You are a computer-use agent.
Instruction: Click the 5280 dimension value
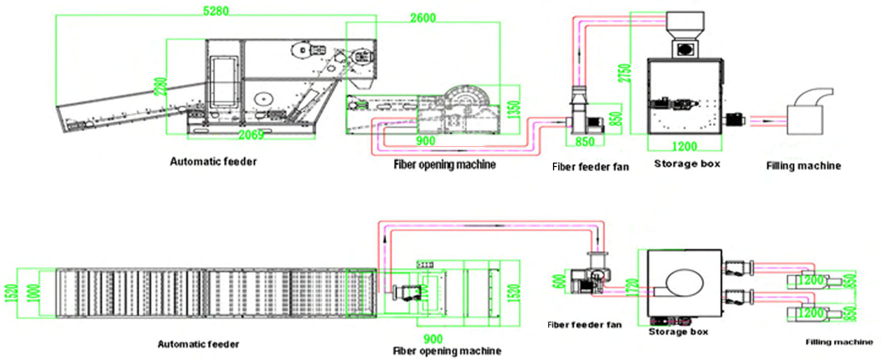tap(215, 10)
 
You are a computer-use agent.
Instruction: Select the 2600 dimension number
tap(423, 18)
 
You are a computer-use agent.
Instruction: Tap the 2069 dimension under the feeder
tap(250, 135)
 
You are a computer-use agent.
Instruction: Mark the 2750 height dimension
tap(624, 73)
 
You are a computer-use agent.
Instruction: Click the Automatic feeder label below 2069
tap(213, 161)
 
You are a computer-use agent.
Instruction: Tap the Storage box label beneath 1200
tap(687, 163)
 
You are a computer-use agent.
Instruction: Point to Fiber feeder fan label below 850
tap(590, 167)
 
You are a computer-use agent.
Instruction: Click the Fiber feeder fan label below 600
tap(584, 325)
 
